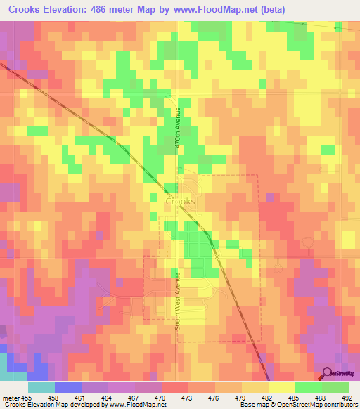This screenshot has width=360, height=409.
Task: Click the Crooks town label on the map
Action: click(181, 201)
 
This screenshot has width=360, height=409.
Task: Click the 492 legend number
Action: click(347, 398)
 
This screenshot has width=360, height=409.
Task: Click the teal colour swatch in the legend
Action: click(41, 387)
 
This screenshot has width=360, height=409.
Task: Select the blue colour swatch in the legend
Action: click(68, 387)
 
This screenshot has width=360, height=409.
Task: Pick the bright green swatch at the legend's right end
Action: click(335, 387)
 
